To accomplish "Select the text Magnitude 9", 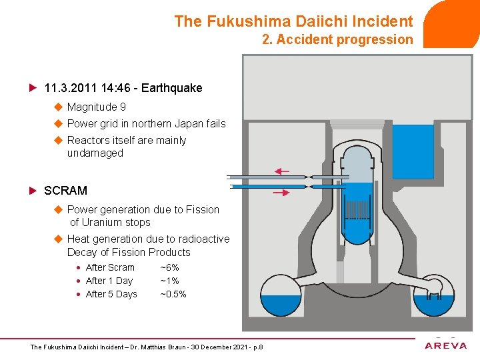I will [97, 107].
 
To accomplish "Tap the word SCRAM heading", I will [65, 191].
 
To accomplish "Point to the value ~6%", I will [170, 267].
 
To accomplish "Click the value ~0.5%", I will [173, 294].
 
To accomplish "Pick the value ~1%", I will [170, 281].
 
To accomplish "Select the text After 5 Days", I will [111, 294].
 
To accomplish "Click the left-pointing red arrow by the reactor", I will [281, 171].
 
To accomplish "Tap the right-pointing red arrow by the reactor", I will [281, 193].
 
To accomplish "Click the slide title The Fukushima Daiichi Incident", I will [293, 21].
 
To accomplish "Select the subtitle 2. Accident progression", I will [337, 39].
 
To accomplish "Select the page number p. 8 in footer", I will [257, 347].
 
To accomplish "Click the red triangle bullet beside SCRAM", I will [33, 191].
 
